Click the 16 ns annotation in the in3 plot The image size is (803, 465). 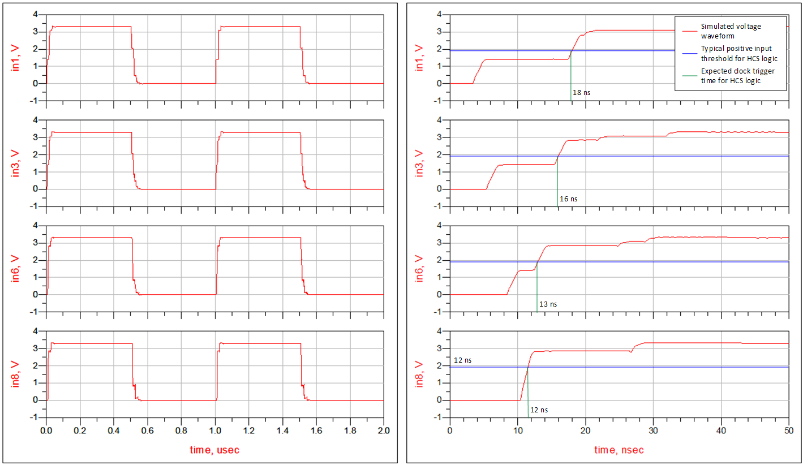tap(569, 199)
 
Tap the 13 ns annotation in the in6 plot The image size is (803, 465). tap(548, 304)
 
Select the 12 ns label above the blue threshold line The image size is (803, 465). tap(463, 360)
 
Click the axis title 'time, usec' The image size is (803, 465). tap(215, 450)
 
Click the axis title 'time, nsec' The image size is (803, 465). tap(619, 450)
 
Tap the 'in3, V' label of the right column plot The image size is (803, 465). tap(419, 163)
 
